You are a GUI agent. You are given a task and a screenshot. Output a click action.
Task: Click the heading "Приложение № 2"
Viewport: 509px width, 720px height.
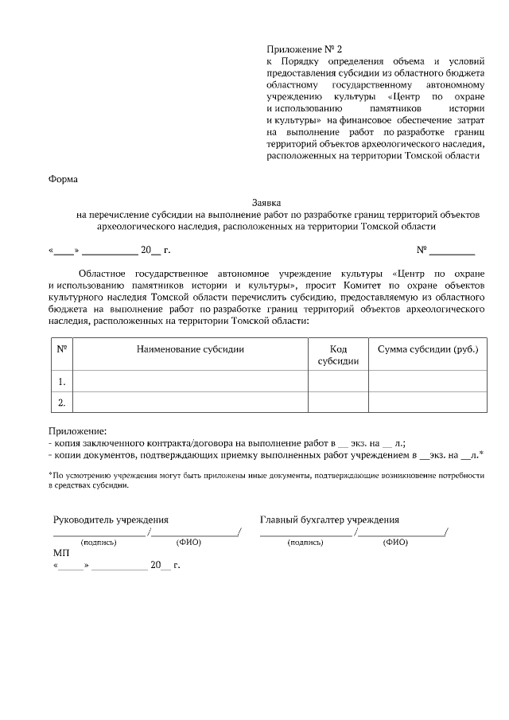304,49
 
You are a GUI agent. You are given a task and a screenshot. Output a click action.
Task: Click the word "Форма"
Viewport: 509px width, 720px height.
64,179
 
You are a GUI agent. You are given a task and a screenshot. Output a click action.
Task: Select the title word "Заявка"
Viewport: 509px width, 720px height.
267,203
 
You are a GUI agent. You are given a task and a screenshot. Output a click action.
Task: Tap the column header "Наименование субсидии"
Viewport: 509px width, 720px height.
190,349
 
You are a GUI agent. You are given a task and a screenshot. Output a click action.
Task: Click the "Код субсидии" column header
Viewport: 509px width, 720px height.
338,355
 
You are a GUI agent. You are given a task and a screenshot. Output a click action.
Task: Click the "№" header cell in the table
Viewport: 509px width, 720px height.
61,349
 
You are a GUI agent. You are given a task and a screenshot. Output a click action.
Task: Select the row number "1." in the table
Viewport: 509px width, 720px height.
61,382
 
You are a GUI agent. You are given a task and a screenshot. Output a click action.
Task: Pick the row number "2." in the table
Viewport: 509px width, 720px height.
61,403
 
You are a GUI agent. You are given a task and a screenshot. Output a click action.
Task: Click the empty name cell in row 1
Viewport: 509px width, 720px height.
190,382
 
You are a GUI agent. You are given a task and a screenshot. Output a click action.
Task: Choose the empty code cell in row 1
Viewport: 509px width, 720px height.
338,382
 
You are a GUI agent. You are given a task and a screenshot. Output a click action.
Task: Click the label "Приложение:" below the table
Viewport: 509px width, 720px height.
77,430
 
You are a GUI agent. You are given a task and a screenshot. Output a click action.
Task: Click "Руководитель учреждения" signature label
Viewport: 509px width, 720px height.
111,520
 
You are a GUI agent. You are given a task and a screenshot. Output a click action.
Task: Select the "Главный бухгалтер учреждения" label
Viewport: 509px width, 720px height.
329,520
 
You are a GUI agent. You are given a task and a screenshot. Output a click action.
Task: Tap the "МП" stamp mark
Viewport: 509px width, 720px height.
60,552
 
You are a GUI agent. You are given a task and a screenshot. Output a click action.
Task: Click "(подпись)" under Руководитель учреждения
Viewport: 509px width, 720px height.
99,543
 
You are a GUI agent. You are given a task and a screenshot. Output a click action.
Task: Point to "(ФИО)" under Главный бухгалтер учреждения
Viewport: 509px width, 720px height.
395,543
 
